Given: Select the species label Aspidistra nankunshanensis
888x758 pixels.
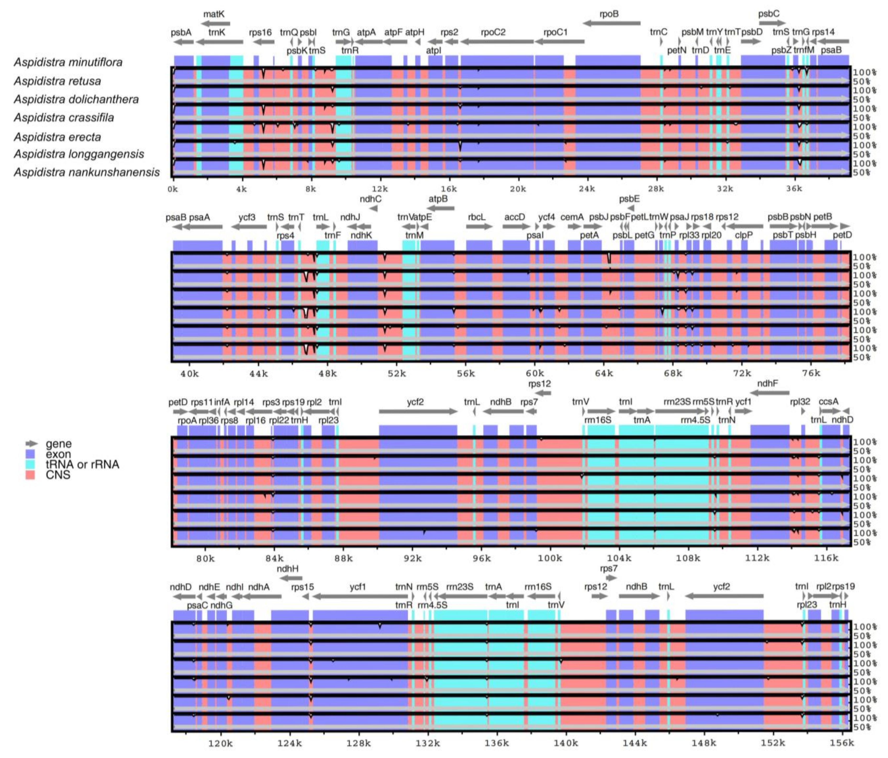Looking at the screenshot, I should click(87, 172).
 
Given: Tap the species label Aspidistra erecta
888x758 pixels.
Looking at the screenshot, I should click(57, 137).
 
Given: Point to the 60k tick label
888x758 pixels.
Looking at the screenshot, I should click(534, 374).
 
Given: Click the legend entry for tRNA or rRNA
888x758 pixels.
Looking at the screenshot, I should click(82, 465).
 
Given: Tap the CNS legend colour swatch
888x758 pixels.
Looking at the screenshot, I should click(30, 475).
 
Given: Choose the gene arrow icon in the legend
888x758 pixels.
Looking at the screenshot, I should click(31, 443).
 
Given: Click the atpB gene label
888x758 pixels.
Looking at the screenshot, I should click(438, 199).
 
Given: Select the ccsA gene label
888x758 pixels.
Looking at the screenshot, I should click(828, 402).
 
